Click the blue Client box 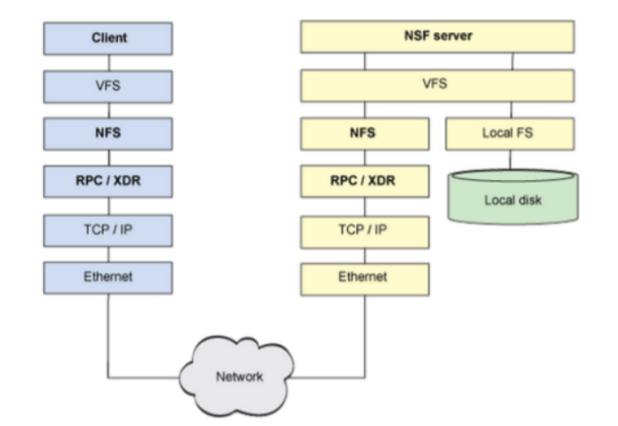tap(108, 38)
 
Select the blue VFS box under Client tap(108, 87)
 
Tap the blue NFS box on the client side tap(108, 133)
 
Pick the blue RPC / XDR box tap(108, 182)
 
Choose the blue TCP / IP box tap(108, 231)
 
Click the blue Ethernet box tap(108, 277)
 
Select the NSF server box tap(437, 37)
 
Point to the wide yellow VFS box tap(437, 86)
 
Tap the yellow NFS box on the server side tap(365, 133)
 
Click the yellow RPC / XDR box tap(365, 182)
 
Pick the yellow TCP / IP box tap(365, 232)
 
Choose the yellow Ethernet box tap(365, 279)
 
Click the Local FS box tap(510, 133)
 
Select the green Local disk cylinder tap(513, 197)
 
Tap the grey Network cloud tap(237, 376)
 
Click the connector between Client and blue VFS tap(109, 63)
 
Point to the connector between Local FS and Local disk tap(511, 159)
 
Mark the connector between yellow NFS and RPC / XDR tap(365, 158)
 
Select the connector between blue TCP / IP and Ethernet tap(109, 254)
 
